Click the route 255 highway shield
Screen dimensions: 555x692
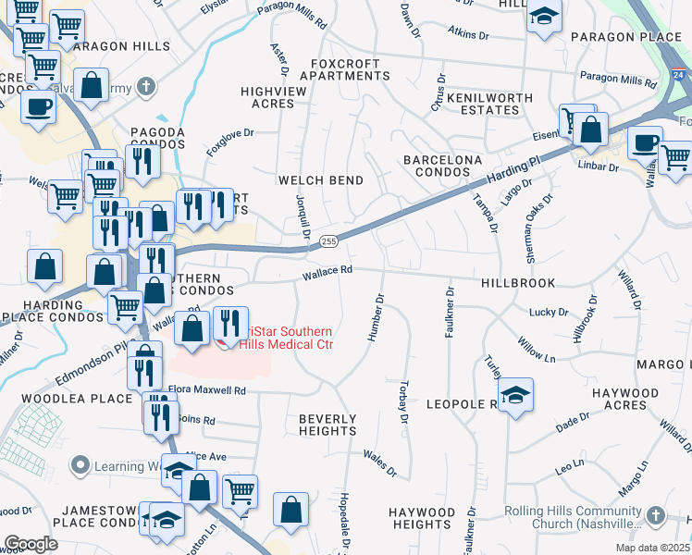click(x=328, y=240)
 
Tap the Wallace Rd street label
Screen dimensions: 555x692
click(x=327, y=270)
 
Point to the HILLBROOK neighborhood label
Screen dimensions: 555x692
click(x=518, y=283)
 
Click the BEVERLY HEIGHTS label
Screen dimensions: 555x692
click(x=327, y=425)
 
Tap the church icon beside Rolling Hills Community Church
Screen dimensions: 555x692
click(x=655, y=514)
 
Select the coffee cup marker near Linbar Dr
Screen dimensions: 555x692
click(x=645, y=143)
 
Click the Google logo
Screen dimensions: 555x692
click(x=31, y=543)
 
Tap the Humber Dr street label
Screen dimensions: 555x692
click(x=377, y=318)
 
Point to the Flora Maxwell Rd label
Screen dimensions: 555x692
click(x=206, y=390)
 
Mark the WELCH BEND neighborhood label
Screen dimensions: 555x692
click(x=322, y=179)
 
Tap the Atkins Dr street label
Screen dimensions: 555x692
click(x=468, y=35)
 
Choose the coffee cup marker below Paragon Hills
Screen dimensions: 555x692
click(x=38, y=105)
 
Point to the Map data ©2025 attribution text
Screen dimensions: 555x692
click(x=652, y=548)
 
